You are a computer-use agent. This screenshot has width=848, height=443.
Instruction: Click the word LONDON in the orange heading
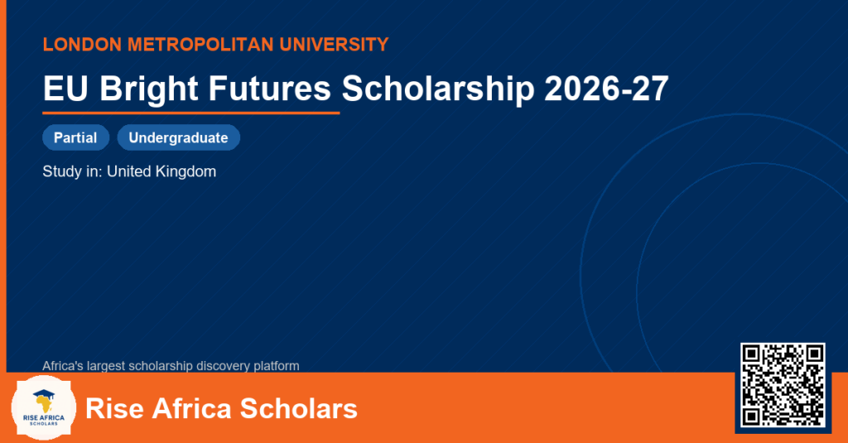tap(82, 45)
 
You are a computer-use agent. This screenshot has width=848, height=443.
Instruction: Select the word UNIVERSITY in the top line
tap(335, 45)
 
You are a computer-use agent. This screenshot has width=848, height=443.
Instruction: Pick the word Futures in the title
tap(269, 88)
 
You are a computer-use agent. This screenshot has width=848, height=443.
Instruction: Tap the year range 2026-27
tap(606, 88)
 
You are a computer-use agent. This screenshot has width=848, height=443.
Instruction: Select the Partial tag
tap(75, 137)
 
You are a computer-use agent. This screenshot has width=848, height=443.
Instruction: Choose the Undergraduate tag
tap(179, 137)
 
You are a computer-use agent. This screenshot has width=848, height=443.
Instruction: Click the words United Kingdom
tap(161, 171)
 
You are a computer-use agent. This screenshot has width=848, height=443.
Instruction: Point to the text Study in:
tap(73, 171)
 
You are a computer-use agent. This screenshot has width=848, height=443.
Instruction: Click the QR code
tap(783, 385)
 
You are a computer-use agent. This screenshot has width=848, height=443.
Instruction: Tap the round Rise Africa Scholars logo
tap(44, 407)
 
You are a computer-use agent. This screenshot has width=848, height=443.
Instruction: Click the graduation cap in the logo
tap(44, 395)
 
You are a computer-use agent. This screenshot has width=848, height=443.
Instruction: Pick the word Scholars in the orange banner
tap(298, 408)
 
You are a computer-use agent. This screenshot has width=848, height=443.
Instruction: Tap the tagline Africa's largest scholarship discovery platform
tap(171, 366)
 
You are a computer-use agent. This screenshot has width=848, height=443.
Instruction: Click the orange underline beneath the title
tap(191, 113)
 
